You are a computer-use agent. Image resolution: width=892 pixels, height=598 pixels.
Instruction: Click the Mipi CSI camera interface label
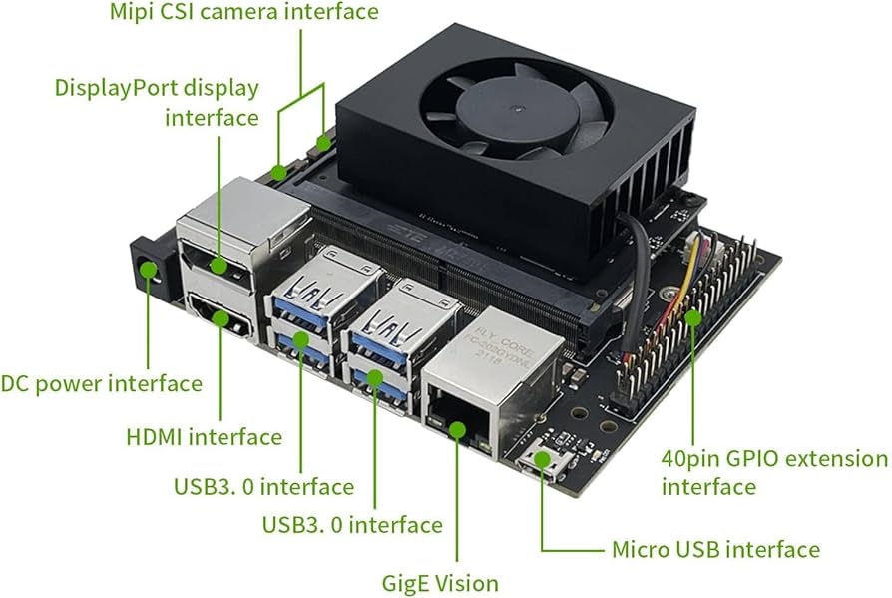[243, 13]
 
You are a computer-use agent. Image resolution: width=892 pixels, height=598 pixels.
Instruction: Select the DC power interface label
[101, 383]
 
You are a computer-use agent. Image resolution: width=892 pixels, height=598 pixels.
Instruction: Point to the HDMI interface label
[205, 436]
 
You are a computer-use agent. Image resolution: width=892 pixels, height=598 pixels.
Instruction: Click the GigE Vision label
[440, 582]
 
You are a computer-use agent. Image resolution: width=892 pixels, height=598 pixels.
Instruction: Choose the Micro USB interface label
[715, 549]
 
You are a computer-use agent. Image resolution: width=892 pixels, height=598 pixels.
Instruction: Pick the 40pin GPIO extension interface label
[773, 472]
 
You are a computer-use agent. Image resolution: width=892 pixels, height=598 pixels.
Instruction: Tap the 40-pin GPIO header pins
[688, 319]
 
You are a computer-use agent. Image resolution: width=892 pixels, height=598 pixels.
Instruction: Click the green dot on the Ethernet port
[458, 429]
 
